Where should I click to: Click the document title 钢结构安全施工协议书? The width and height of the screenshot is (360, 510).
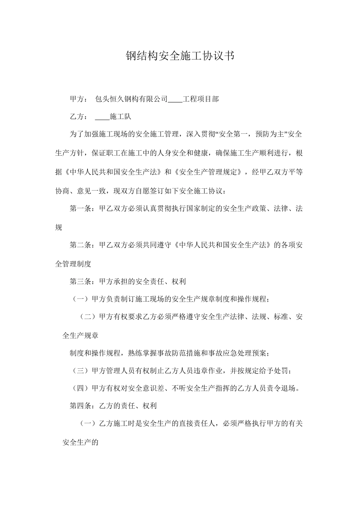coord(180,56)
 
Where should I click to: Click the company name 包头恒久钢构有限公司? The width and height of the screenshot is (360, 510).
coord(131,99)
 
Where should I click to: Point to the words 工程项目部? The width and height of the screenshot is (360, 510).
coord(200,99)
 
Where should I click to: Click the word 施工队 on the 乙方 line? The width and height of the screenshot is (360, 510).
coord(120,117)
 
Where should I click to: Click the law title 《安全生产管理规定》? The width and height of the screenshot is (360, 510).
coord(209,172)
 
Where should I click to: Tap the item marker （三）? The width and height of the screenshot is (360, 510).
coord(80,371)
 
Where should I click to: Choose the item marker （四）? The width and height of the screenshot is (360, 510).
coord(80,388)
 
